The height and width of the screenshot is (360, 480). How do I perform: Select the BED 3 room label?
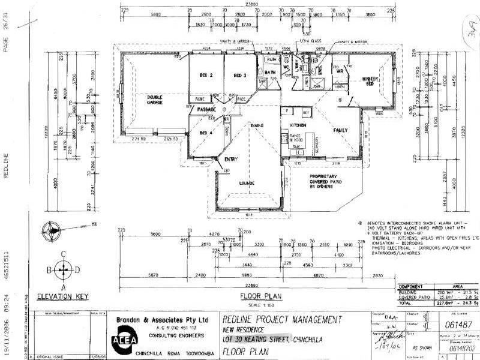point(241,76)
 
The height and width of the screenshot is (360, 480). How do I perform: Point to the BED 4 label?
point(206,133)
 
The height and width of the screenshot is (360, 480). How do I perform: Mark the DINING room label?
point(258,125)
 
